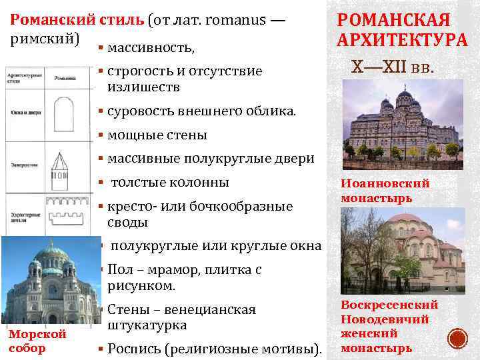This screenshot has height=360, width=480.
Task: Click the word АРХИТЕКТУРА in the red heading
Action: coord(402,41)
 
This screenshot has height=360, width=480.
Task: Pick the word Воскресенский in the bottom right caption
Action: coord(389,304)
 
